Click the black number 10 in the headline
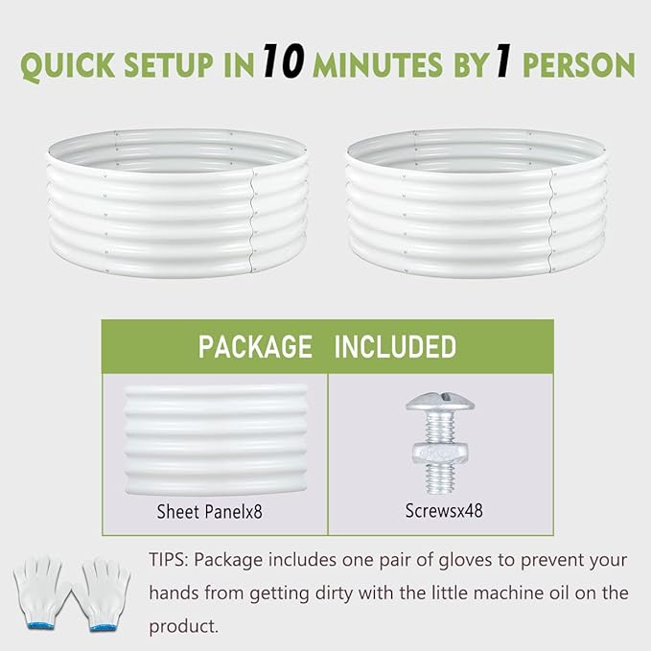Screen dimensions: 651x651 coord(284,60)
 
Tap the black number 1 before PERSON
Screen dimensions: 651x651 coord(503,61)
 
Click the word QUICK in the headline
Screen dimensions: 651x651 coord(68,65)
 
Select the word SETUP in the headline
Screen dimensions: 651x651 coord(169,65)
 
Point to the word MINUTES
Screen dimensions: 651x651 coord(378,65)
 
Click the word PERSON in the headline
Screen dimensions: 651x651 coord(579,65)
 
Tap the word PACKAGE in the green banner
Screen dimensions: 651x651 coord(255,347)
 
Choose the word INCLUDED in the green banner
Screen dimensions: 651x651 coord(395,347)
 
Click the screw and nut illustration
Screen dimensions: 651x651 coord(440,443)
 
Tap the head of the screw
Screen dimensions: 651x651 coord(440,402)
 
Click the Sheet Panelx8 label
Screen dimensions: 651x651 coord(209,512)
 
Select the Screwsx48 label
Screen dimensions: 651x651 coord(444,511)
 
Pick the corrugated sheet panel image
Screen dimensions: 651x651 coord(216,440)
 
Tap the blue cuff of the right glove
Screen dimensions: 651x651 coord(103,627)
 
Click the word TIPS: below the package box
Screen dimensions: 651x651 coord(169,560)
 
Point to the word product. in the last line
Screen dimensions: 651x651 coord(183,626)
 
